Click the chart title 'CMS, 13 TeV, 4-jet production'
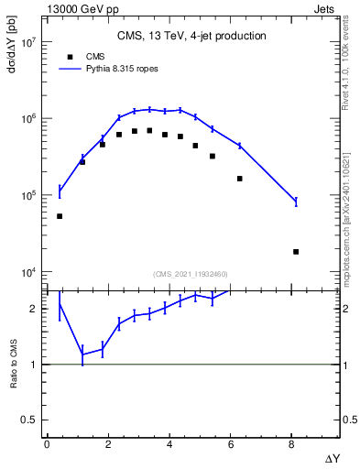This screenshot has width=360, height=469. [x=191, y=37]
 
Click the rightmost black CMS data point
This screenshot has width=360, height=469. [x=296, y=251]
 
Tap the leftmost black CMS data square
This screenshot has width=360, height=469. [x=60, y=216]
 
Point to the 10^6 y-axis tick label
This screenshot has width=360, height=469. [x=28, y=119]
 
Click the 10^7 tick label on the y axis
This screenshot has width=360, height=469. [x=28, y=42]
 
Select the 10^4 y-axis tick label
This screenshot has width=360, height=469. [x=28, y=272]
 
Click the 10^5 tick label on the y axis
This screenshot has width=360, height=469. [x=28, y=196]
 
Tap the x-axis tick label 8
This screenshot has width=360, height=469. [x=292, y=444]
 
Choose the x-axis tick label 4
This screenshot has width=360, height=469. [x=169, y=444]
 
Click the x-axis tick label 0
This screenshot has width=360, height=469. [x=47, y=444]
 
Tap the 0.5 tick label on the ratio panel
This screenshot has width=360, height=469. [x=30, y=420]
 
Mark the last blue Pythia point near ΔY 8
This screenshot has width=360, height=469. [x=296, y=202]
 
